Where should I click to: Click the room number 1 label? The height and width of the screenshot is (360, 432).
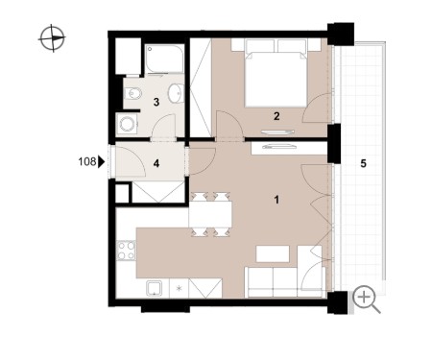(x=276, y=200)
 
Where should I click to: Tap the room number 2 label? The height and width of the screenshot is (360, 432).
(x=276, y=116)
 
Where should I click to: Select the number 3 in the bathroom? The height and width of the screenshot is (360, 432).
(x=156, y=102)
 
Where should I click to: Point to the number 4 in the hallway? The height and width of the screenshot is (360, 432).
(x=156, y=163)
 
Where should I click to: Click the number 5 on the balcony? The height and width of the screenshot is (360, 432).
(x=363, y=163)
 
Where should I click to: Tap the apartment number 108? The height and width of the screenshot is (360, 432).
(x=87, y=161)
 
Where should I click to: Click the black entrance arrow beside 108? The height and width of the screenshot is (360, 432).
(x=101, y=161)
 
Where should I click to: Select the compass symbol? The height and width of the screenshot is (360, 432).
(x=52, y=38)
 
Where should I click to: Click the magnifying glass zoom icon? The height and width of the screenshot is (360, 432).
(x=367, y=300)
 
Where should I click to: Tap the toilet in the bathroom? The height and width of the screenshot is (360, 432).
(x=132, y=94)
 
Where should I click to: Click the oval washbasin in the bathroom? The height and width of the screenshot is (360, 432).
(x=176, y=93)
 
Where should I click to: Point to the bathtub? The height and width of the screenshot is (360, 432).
(x=164, y=59)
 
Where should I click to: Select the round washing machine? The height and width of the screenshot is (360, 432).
(x=128, y=124)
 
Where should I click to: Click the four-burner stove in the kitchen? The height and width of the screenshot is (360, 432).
(x=127, y=251)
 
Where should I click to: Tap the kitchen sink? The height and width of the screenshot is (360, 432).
(x=155, y=288)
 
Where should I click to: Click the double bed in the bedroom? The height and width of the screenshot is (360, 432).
(x=276, y=73)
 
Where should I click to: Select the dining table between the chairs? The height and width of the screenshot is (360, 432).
(x=210, y=214)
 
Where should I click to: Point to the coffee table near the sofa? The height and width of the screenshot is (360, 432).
(x=273, y=253)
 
